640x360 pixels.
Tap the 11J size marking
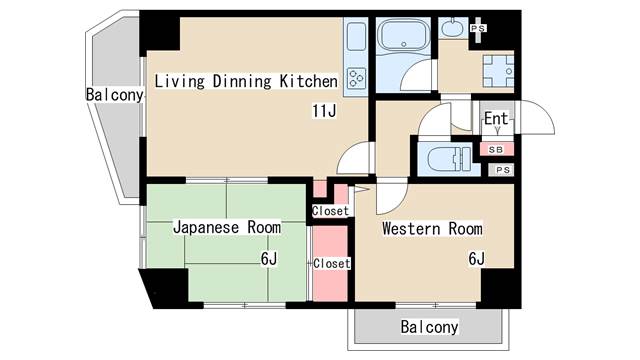click(x=322, y=111)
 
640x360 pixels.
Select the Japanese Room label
click(x=227, y=227)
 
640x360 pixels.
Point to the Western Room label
click(x=432, y=227)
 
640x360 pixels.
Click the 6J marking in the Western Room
click(x=476, y=258)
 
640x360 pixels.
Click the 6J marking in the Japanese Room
click(x=269, y=258)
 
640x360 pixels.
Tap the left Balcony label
click(x=115, y=95)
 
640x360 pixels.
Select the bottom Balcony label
click(x=429, y=327)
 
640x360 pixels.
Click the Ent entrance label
click(x=496, y=119)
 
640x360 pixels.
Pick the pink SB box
click(x=495, y=148)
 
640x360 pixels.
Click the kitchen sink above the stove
click(x=356, y=40)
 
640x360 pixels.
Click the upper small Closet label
click(x=330, y=211)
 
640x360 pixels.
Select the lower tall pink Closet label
click(x=330, y=263)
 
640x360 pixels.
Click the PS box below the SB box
click(x=504, y=171)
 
